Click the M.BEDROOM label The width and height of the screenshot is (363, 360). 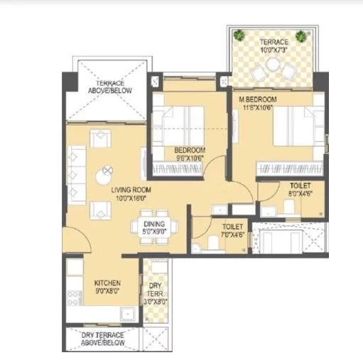(257, 99)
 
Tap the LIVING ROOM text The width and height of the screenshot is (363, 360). (131, 190)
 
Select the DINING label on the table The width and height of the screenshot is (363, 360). (154, 224)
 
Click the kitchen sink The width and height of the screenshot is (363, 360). (126, 312)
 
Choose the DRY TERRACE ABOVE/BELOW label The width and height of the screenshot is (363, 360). (103, 339)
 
